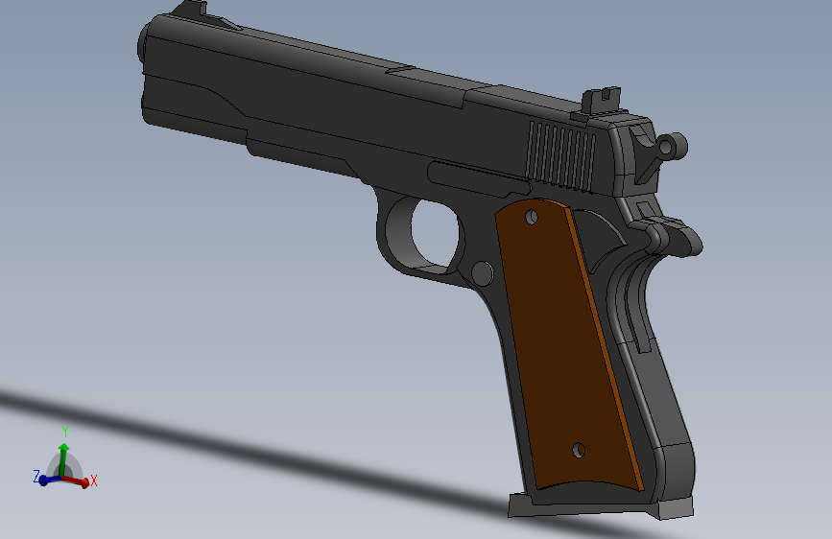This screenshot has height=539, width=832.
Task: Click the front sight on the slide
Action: [191, 8]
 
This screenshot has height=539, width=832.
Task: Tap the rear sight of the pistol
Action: [601, 101]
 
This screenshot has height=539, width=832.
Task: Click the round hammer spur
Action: [673, 146]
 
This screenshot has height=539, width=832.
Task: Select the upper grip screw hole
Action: [531, 217]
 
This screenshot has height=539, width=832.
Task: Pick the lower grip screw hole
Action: [579, 451]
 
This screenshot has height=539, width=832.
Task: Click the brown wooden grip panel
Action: [568, 345]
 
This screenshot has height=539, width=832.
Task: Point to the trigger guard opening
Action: [435, 233]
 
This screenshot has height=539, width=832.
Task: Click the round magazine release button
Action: [482, 273]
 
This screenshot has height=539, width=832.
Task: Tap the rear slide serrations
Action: [560, 155]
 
